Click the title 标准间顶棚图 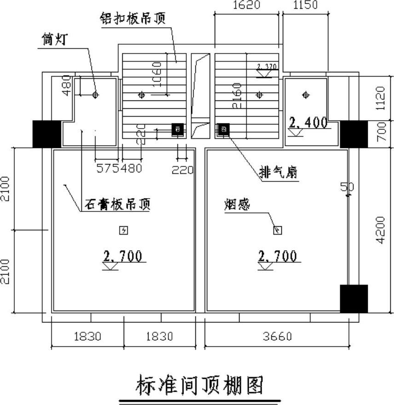(200, 385)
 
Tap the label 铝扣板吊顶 (133, 19)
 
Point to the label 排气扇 (278, 173)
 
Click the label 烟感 (237, 205)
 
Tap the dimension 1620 (246, 5)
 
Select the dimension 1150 (305, 5)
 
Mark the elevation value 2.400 (308, 123)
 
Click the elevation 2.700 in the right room (278, 256)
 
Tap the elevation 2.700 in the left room (122, 256)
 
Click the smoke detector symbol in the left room (123, 230)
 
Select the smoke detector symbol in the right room (277, 230)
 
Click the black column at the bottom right (354, 299)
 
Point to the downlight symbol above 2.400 (306, 95)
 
